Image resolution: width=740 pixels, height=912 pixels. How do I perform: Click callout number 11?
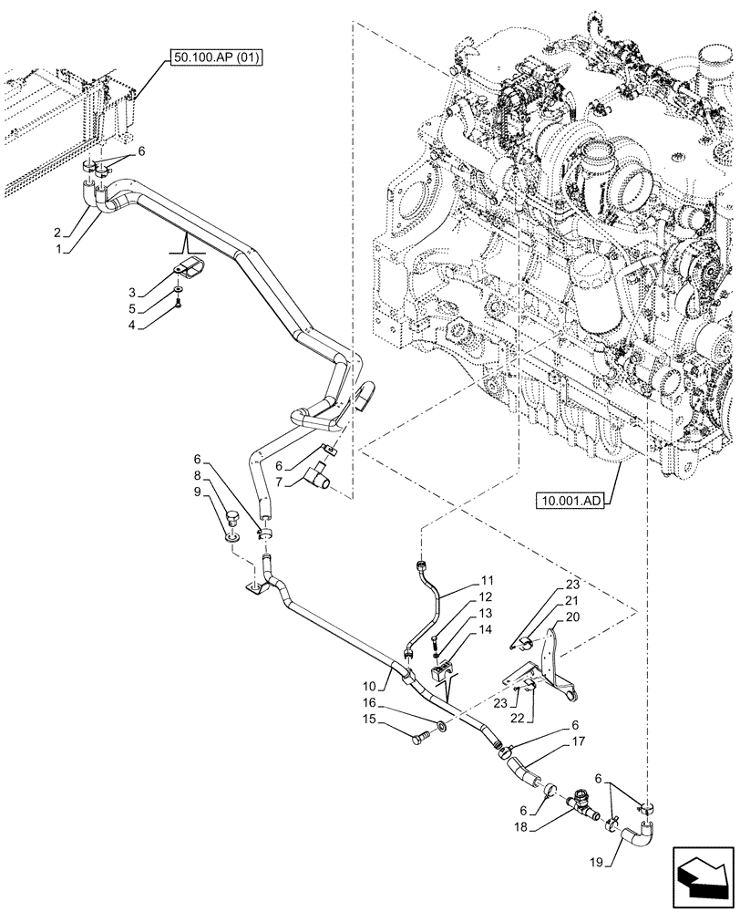tap(488, 580)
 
